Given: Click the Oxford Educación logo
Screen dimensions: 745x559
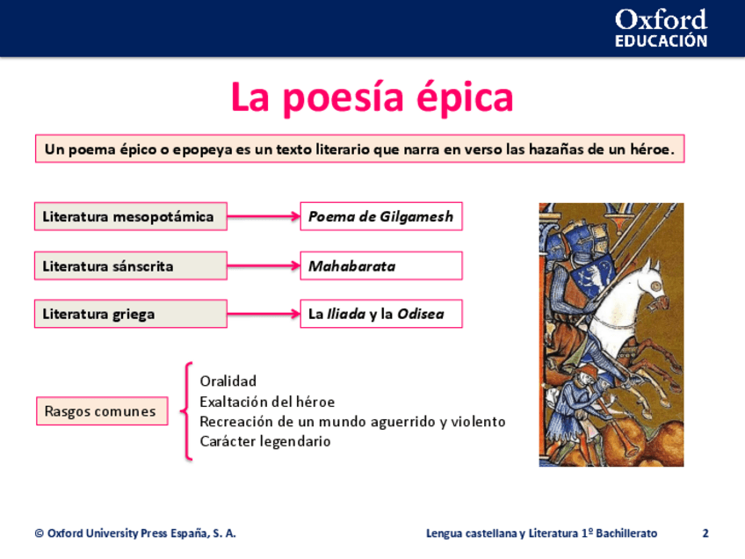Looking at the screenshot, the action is click(661, 28).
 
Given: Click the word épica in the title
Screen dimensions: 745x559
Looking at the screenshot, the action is click(465, 97).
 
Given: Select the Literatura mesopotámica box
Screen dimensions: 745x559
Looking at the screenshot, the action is click(131, 217).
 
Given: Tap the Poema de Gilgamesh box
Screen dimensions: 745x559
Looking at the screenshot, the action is click(381, 217).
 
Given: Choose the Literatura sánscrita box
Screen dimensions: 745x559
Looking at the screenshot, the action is click(131, 265).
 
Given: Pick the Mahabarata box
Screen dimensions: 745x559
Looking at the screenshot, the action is click(381, 265).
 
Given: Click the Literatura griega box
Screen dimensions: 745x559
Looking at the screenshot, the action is click(131, 314).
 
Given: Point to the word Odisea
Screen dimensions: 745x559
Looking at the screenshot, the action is click(421, 314).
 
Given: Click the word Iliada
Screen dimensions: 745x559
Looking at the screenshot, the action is click(346, 314).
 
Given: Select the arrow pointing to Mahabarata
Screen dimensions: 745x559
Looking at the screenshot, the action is click(264, 265).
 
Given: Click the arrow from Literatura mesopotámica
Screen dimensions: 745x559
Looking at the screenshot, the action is click(264, 217).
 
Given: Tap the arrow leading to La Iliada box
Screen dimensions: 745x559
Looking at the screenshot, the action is click(264, 314).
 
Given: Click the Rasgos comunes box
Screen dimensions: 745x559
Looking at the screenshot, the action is click(102, 411).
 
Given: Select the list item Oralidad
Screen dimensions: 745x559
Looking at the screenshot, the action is click(228, 381).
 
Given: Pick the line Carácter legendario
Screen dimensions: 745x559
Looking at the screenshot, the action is click(265, 441).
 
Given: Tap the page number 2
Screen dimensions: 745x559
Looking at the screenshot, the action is click(705, 534).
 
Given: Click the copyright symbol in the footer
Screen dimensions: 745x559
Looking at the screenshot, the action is click(40, 534).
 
